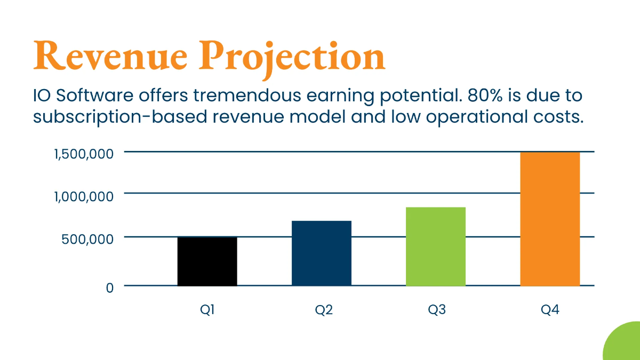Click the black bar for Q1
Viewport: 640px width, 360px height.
(x=207, y=261)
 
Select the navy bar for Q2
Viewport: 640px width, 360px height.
(x=321, y=253)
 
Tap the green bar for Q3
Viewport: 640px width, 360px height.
(x=435, y=246)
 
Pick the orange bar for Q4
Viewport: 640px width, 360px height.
(x=550, y=219)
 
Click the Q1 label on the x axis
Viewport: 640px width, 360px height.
(x=207, y=310)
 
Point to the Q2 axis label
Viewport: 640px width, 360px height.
(x=323, y=310)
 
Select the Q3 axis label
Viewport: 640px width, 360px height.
(x=437, y=310)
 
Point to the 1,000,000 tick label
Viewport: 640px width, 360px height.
(x=84, y=196)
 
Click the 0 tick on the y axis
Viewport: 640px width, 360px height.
(x=110, y=287)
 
